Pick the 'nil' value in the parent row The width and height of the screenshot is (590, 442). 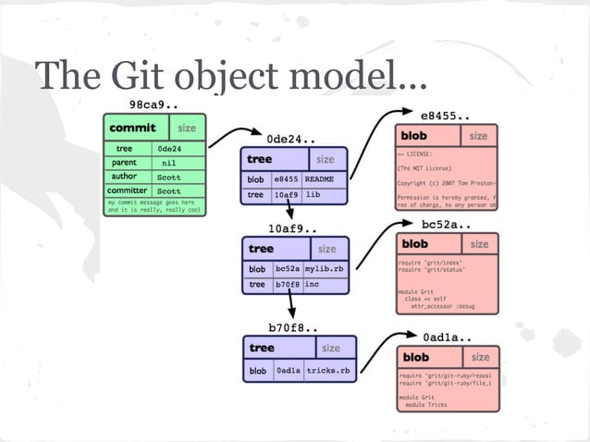pos(168,163)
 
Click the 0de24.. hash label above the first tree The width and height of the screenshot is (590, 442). pos(293,139)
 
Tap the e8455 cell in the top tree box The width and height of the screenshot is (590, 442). pos(286,178)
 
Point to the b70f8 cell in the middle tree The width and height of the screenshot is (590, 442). pos(288,285)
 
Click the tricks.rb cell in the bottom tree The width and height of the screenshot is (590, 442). pos(328,371)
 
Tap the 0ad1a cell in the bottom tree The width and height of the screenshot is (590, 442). pos(289,371)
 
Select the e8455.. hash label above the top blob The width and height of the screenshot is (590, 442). pos(446,117)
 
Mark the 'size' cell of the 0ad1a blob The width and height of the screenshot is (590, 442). pos(480,357)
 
